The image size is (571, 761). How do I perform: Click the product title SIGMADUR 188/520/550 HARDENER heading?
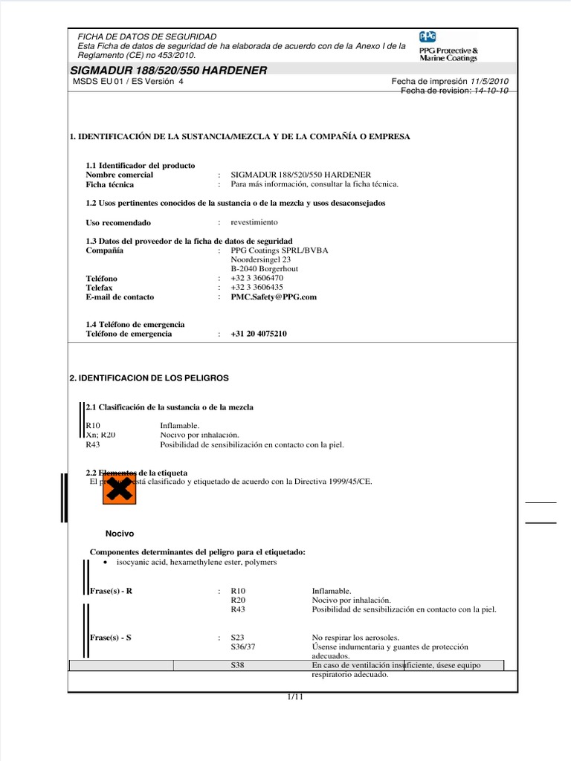coord(168,71)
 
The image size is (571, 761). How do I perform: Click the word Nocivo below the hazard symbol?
coord(120,533)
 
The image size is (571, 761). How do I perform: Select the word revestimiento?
coord(254,222)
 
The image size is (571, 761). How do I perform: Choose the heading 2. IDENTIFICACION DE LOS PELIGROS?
coord(149,378)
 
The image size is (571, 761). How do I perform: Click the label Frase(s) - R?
coord(111,591)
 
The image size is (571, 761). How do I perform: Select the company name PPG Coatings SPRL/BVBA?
coord(279,250)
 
